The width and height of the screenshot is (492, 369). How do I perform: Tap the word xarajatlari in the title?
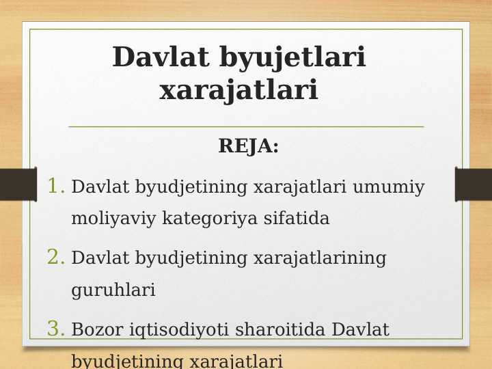pyautogui.click(x=238, y=90)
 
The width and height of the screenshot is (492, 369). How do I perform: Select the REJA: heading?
pyautogui.click(x=248, y=146)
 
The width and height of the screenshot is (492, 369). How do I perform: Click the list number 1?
pyautogui.click(x=56, y=186)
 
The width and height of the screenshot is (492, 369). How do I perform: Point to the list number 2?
pyautogui.click(x=56, y=258)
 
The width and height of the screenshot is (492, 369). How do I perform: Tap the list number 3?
pyautogui.click(x=56, y=329)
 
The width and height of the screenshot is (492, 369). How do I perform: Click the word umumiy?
pyautogui.click(x=389, y=187)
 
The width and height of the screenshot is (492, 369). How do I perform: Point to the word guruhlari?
pyautogui.click(x=113, y=290)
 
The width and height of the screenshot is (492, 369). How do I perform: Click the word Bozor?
pyautogui.click(x=95, y=330)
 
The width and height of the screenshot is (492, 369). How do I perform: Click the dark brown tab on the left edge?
pyautogui.click(x=17, y=184)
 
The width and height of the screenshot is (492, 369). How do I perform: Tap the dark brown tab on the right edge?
pyautogui.click(x=474, y=184)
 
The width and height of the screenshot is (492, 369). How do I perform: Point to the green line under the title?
pyautogui.click(x=246, y=126)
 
